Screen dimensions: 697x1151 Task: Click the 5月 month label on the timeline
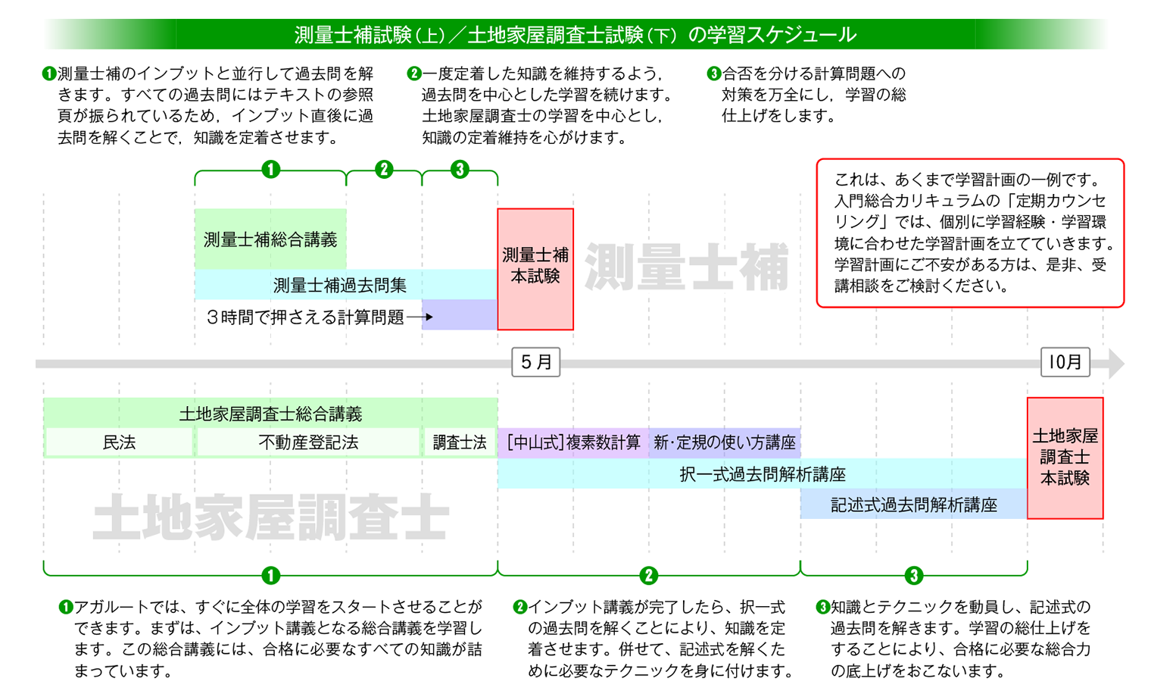tap(536, 362)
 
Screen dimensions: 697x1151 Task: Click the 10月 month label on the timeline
tap(1065, 362)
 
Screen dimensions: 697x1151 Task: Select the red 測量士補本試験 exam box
tap(535, 269)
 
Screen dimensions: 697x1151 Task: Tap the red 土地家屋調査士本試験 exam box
tap(1065, 458)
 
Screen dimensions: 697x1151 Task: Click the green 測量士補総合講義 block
tap(270, 239)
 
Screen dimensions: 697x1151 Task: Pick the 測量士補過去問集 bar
tap(340, 285)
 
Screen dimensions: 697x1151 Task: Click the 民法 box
tap(119, 442)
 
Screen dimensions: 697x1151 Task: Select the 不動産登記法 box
tap(308, 442)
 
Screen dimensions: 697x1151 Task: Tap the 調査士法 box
tap(460, 442)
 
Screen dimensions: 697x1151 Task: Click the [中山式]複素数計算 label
tap(573, 442)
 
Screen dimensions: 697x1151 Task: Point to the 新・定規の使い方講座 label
tap(725, 442)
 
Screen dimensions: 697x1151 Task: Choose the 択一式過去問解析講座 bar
tap(762, 474)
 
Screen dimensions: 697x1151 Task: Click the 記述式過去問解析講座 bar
tap(913, 505)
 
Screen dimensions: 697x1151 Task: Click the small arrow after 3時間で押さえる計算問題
tap(420, 317)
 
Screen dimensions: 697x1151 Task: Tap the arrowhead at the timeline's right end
tap(1116, 364)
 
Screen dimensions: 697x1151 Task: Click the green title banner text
tap(575, 34)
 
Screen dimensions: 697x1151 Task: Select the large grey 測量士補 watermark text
tap(687, 267)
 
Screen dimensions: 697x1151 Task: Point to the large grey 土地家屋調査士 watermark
tap(270, 518)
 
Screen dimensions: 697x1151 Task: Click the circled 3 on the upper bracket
tap(460, 170)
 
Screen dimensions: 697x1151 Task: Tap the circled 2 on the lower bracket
tap(648, 576)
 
